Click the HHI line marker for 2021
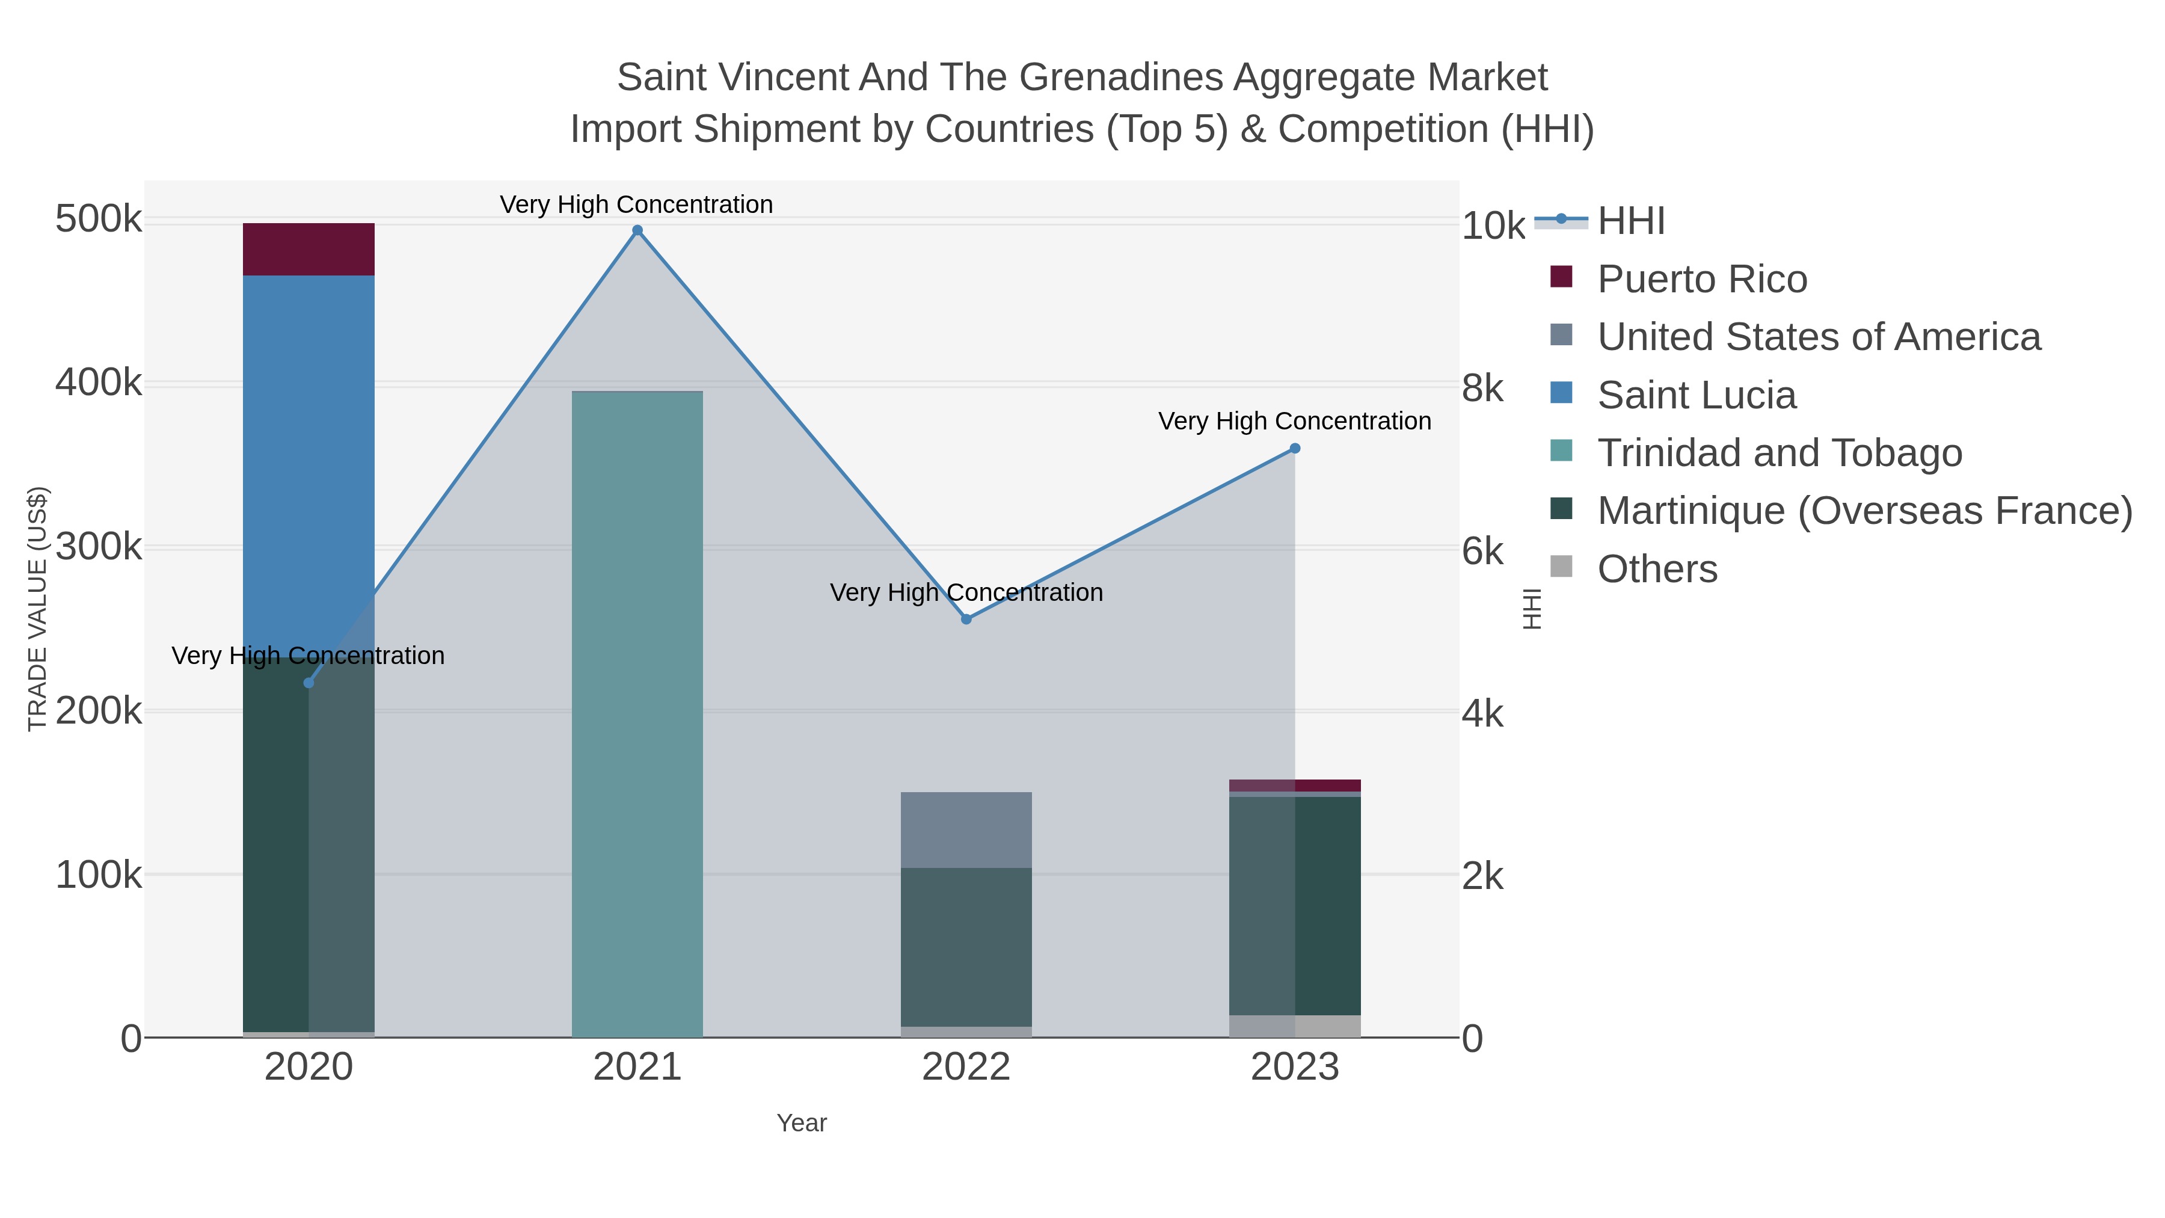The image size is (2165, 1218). (x=637, y=230)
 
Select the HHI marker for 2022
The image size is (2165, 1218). (x=966, y=619)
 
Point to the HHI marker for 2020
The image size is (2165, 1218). (x=309, y=683)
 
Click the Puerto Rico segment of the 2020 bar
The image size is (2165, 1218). (x=309, y=250)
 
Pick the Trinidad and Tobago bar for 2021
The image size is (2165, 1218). (x=637, y=715)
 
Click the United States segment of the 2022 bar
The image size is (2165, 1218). (x=966, y=829)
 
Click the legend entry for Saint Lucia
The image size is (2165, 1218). (x=1696, y=395)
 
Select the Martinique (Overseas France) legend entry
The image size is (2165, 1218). (x=1864, y=511)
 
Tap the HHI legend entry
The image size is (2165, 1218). (x=1630, y=221)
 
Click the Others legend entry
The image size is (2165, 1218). (x=1657, y=569)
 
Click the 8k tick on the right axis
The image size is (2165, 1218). (x=1482, y=389)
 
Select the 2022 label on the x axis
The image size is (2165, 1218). (x=966, y=1068)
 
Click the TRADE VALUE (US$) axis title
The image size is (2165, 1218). (x=38, y=609)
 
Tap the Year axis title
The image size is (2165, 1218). (x=802, y=1123)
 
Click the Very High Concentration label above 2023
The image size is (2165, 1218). (x=1294, y=421)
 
